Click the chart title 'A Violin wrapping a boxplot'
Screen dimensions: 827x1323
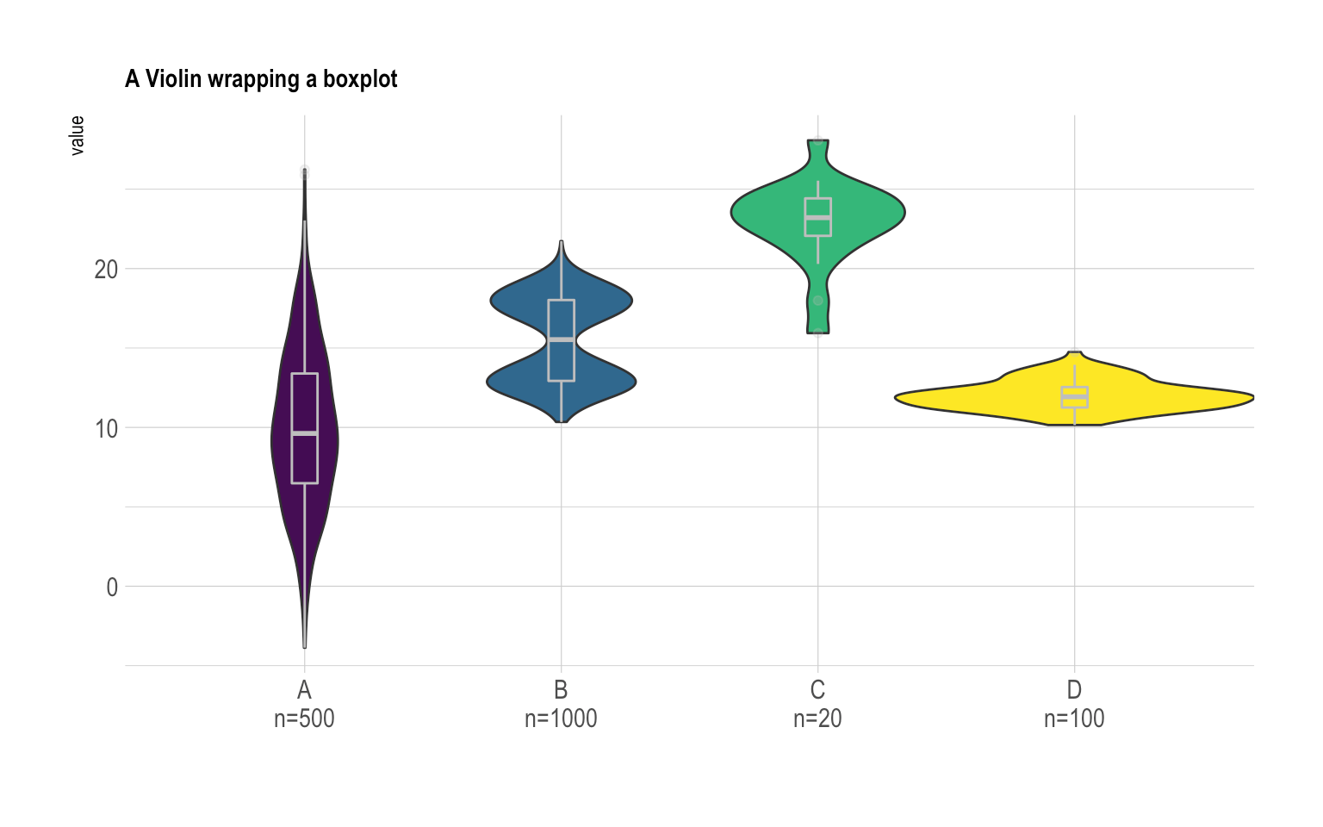tap(261, 79)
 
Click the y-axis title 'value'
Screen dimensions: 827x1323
tap(78, 135)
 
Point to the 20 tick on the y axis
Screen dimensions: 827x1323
tap(106, 270)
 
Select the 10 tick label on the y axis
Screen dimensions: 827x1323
tap(106, 428)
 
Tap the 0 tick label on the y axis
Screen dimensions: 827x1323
tap(112, 588)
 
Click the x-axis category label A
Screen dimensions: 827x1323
tap(304, 690)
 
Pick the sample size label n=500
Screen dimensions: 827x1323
tap(304, 718)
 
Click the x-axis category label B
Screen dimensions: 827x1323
tap(561, 690)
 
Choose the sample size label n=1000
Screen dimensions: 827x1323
tap(561, 718)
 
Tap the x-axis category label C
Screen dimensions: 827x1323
tap(817, 690)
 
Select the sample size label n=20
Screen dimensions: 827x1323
tap(817, 718)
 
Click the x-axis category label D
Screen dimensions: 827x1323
tap(1074, 690)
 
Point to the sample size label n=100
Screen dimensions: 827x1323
tap(1074, 718)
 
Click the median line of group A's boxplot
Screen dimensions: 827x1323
tap(305, 433)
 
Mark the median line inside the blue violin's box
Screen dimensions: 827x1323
tap(561, 339)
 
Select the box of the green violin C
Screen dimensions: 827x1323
tap(817, 207)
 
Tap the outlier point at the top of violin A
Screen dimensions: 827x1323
tap(305, 173)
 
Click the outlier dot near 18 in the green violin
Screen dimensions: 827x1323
tap(818, 301)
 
